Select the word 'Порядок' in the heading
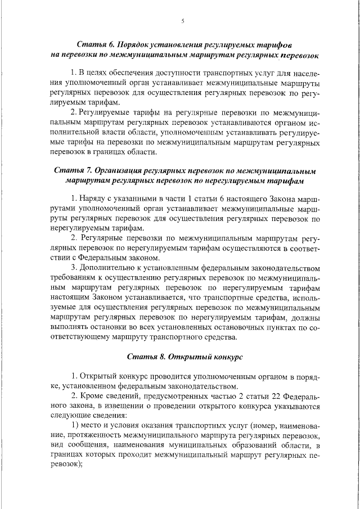139,44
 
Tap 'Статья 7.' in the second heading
74,170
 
